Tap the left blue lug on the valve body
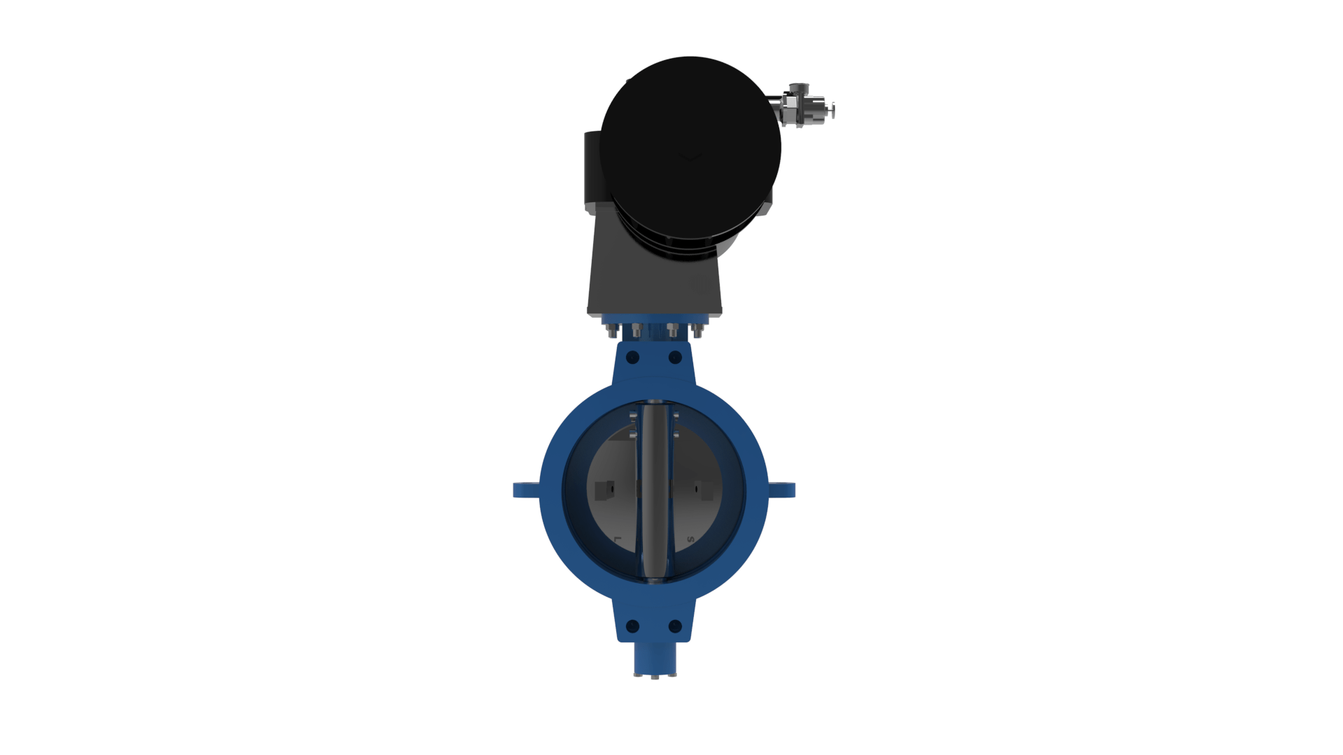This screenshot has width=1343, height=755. click(x=525, y=490)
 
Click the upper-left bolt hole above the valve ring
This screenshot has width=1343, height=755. click(x=633, y=358)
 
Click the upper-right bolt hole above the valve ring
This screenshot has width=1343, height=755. click(x=675, y=358)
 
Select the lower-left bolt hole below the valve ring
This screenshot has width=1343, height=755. click(x=633, y=626)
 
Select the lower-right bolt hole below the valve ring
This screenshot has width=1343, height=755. click(x=675, y=626)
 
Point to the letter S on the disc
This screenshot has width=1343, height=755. click(x=690, y=539)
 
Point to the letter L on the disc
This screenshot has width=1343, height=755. click(x=617, y=539)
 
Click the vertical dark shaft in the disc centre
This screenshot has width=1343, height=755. click(x=655, y=490)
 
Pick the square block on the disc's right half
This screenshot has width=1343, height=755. click(x=705, y=491)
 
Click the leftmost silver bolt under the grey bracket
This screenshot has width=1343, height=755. click(x=613, y=331)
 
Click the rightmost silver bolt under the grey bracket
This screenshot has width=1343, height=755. click(x=697, y=331)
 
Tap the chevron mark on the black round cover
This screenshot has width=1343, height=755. click(x=690, y=157)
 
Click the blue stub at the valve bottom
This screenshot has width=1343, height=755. click(x=655, y=658)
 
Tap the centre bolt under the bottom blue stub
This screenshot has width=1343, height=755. click(x=655, y=677)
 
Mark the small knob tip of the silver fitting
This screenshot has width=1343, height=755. click(x=832, y=110)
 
